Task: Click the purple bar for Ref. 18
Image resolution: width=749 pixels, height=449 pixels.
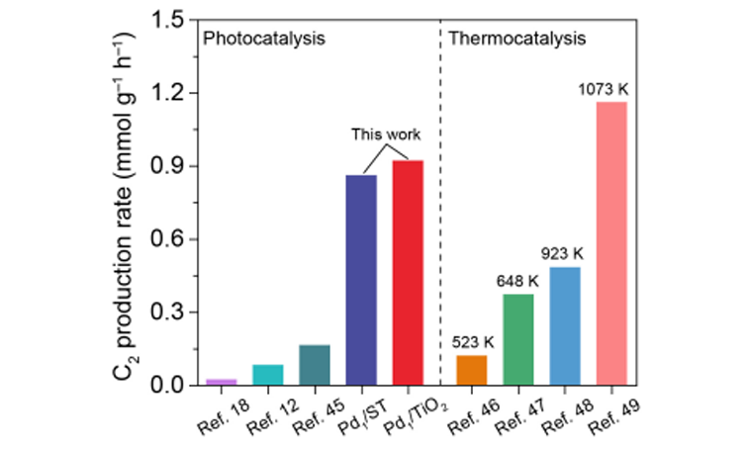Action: pos(221,382)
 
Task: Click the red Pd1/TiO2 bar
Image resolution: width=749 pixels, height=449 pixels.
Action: pos(407,273)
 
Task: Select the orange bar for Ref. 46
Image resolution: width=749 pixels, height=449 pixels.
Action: pos(471,370)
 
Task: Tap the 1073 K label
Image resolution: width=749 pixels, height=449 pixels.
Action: pos(604,90)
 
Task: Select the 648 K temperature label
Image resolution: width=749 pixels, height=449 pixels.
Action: pos(516,282)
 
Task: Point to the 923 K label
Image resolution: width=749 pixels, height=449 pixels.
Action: pos(562,254)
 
